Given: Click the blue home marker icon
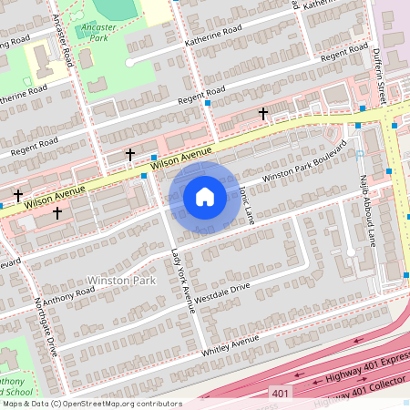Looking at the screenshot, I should click(x=205, y=197).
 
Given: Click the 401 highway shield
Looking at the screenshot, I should click(x=282, y=393).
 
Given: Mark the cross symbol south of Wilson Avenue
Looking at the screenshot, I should click(x=57, y=212).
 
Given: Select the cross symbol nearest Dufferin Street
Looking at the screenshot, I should click(x=263, y=114).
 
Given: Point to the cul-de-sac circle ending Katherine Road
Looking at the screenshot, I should click(x=130, y=62).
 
